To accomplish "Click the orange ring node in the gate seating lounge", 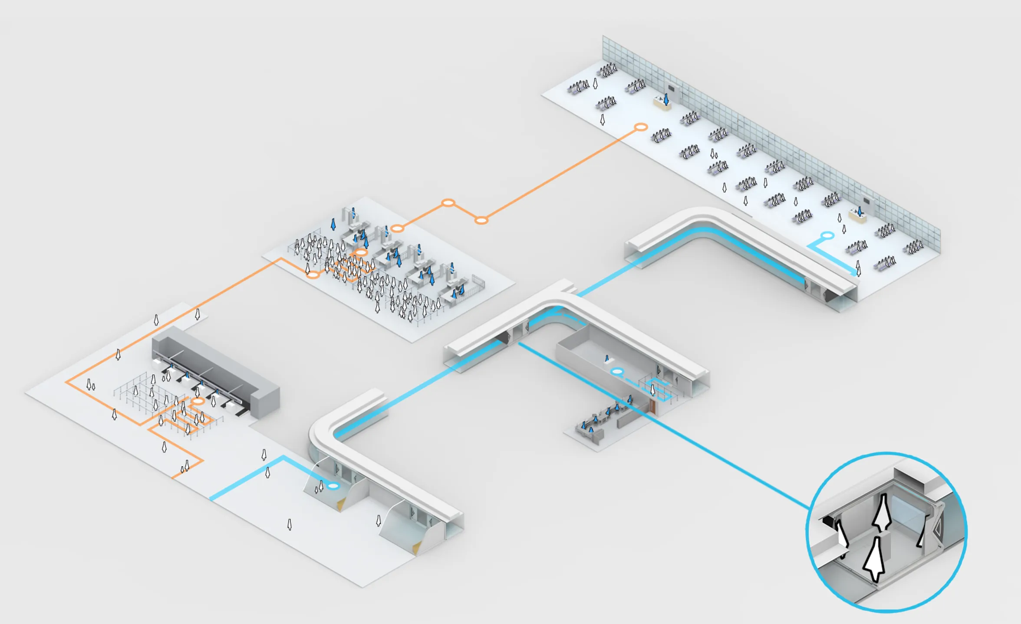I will tap(641, 127).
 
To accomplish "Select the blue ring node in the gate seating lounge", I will tap(827, 235).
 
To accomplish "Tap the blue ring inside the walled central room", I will tap(617, 372).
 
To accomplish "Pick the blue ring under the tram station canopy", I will tap(333, 486).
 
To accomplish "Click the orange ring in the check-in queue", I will tap(198, 402).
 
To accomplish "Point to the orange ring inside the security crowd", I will tap(360, 252).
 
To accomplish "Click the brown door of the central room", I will tap(652, 406).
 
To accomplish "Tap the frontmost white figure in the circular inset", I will tap(874, 559).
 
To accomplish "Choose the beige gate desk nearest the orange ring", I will tap(662, 103).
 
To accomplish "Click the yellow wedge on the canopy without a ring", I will tap(417, 548).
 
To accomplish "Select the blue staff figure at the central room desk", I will tap(607, 359).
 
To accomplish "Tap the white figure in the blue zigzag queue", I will tap(652, 390).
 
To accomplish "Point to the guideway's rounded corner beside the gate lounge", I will tap(703, 217).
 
